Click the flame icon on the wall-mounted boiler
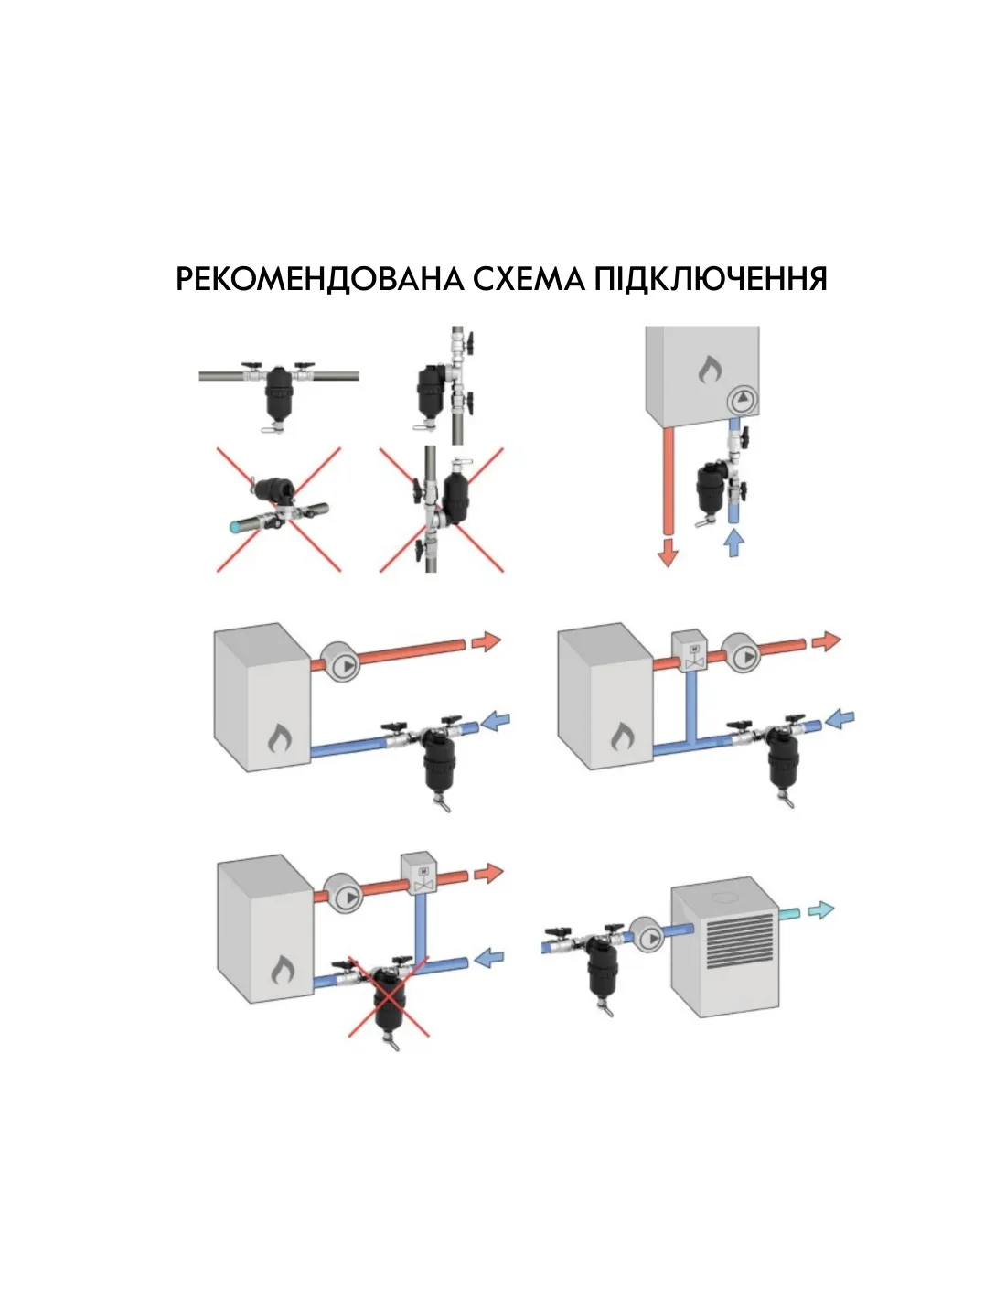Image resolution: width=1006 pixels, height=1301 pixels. (710, 369)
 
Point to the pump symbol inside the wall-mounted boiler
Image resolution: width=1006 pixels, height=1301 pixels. (743, 399)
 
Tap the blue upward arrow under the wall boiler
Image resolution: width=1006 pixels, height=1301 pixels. (734, 543)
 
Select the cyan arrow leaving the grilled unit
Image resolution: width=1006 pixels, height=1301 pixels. (820, 910)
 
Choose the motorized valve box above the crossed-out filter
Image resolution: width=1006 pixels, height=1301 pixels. (423, 874)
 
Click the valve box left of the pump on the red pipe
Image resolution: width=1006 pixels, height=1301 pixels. (693, 650)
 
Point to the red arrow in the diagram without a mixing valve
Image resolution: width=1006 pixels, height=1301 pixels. (486, 641)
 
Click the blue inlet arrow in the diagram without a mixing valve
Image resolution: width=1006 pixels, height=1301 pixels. (495, 721)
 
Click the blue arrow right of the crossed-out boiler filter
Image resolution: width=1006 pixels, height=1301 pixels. (489, 957)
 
